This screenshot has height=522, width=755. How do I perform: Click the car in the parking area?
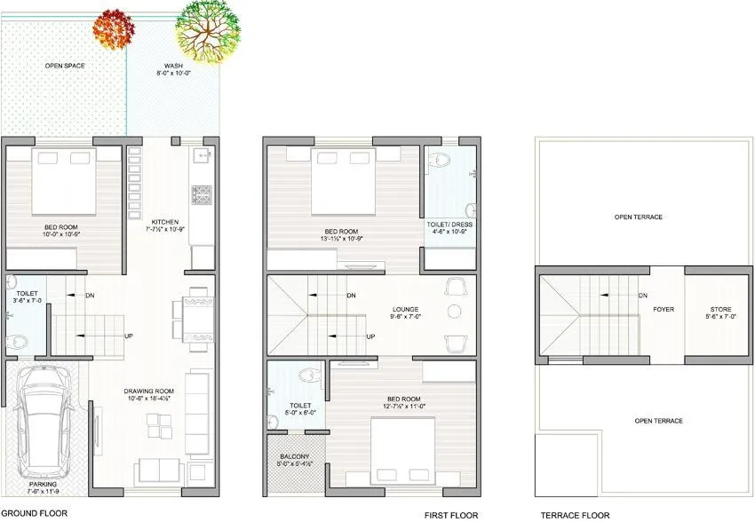tap(45, 422)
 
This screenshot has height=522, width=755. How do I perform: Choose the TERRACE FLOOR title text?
tap(576, 514)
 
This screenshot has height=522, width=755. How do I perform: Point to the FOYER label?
tap(664, 311)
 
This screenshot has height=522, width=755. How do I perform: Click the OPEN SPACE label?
tap(64, 66)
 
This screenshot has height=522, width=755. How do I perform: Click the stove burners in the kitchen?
tap(202, 193)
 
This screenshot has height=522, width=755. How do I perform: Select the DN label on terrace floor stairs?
tap(642, 296)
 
